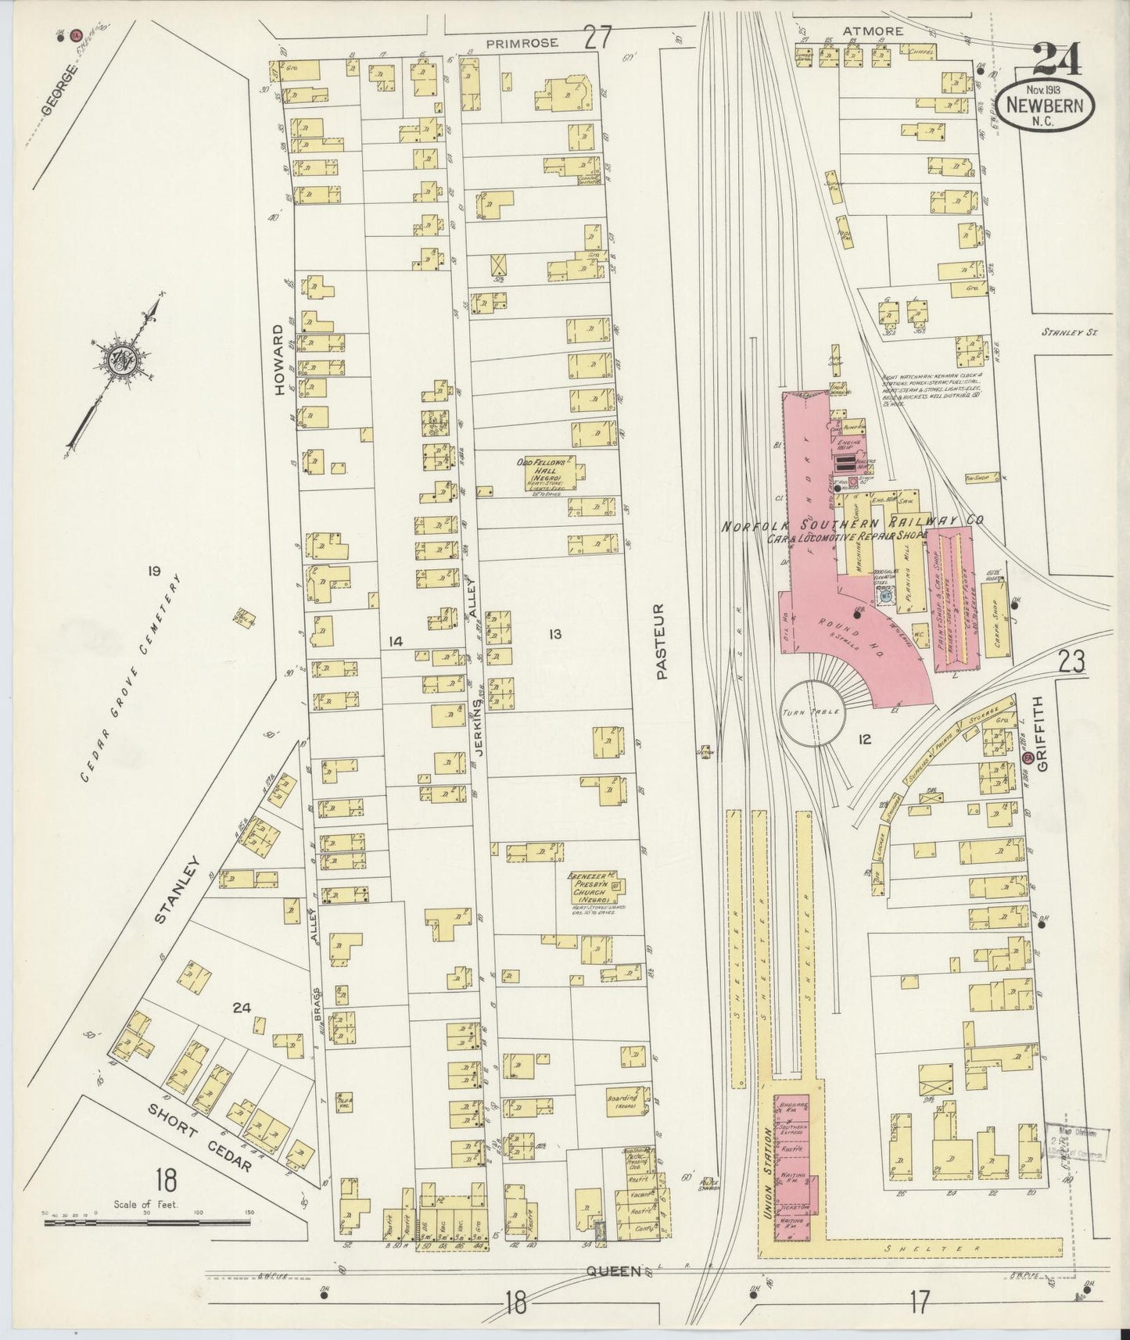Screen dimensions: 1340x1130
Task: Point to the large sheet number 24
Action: click(x=1056, y=59)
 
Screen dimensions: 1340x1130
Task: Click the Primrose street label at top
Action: click(x=522, y=44)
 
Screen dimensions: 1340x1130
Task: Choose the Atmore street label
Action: click(x=873, y=32)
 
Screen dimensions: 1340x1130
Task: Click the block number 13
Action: click(x=554, y=634)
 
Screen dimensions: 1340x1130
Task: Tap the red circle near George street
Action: click(x=76, y=35)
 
